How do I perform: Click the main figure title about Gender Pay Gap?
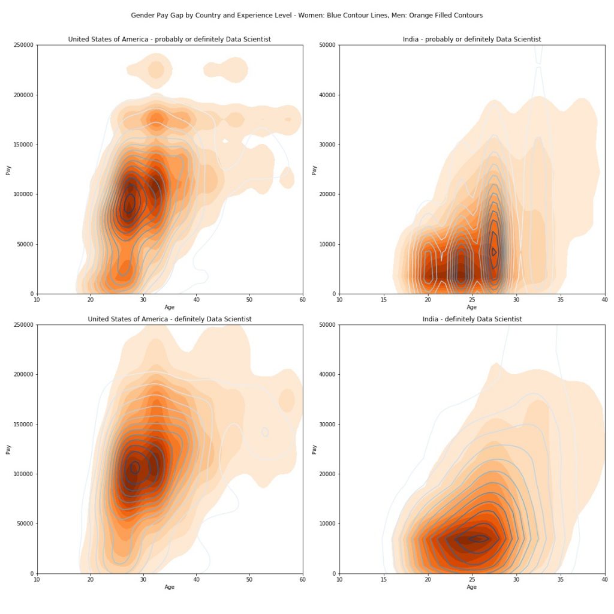(306, 15)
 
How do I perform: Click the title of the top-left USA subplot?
(169, 40)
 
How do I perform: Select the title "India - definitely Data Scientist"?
(472, 319)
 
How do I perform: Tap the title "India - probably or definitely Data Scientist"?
(472, 40)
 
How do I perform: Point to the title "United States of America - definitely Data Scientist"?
(169, 319)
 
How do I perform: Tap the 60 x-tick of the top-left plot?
(302, 299)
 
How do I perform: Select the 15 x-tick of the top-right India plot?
(384, 299)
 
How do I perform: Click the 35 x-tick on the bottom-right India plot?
(561, 579)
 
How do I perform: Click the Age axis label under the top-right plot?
(472, 307)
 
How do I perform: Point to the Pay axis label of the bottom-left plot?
(8, 449)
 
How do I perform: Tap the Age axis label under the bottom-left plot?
(170, 586)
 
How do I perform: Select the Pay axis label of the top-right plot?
(314, 170)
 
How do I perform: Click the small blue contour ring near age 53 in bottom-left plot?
(265, 432)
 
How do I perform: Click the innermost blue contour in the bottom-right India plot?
(478, 538)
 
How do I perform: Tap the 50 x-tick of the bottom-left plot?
(249, 579)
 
